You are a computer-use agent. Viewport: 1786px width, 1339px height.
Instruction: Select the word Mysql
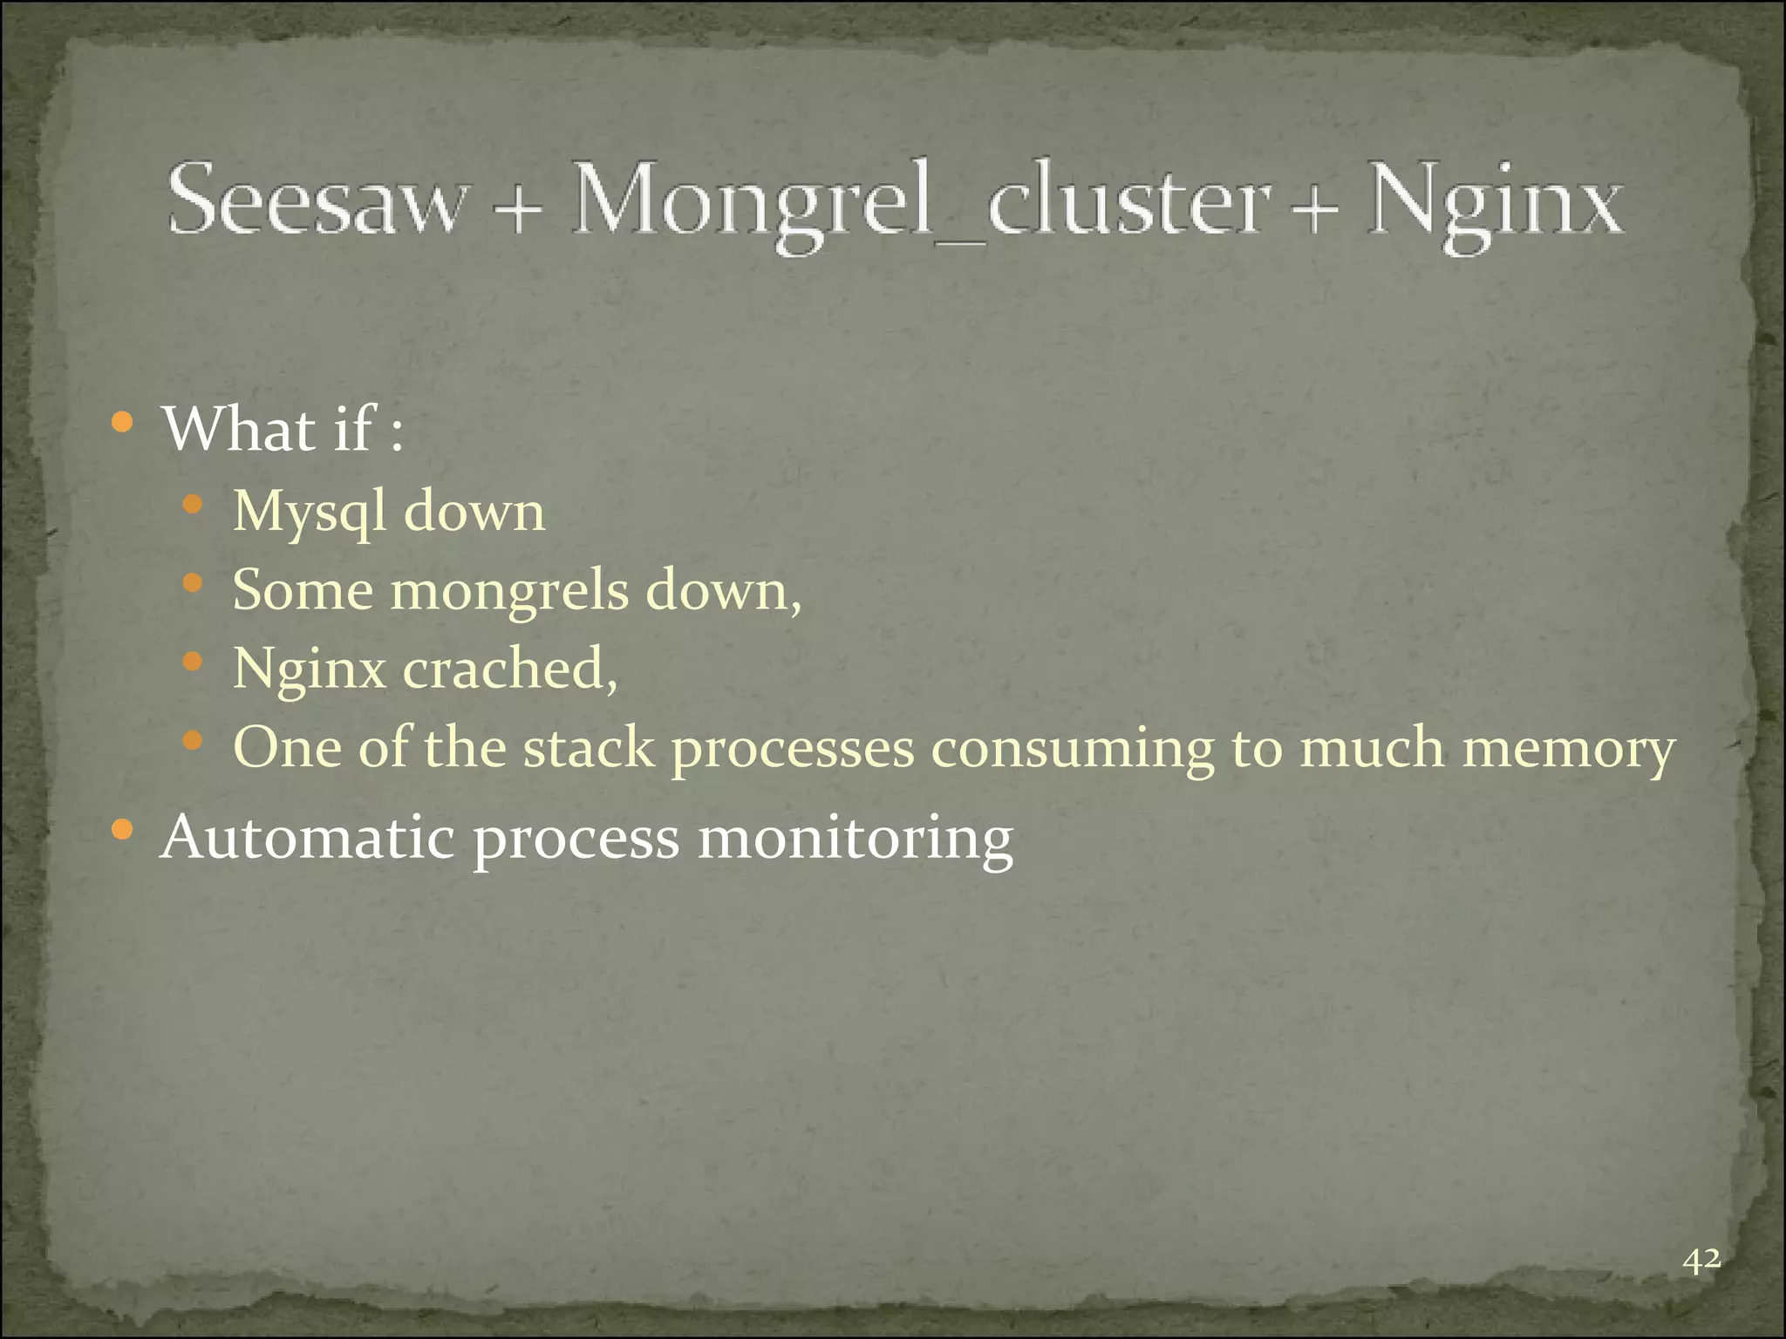click(x=310, y=513)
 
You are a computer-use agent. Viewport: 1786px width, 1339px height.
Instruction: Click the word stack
click(x=589, y=748)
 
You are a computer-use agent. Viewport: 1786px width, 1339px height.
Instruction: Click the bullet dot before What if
click(x=123, y=424)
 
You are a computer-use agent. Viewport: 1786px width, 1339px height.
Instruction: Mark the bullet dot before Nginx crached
click(x=193, y=663)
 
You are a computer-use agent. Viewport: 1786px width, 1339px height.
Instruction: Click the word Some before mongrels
click(x=303, y=591)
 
